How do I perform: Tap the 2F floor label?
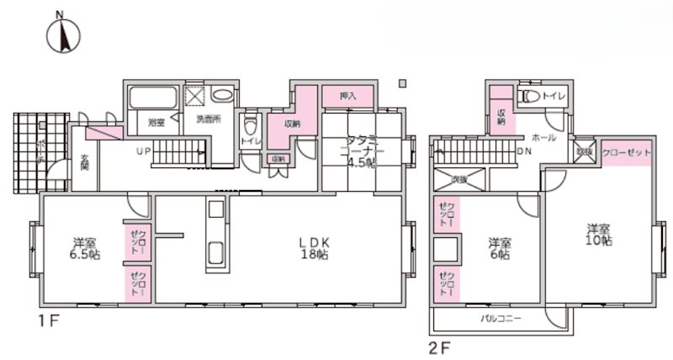tap(442, 345)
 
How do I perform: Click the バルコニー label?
tap(501, 320)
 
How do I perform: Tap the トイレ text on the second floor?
tap(554, 97)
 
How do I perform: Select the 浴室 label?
tap(156, 123)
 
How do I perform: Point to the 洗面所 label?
tap(208, 119)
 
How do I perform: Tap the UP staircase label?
tap(145, 151)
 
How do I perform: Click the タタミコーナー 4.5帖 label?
tap(347, 151)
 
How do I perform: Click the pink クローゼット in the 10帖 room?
tap(626, 152)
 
